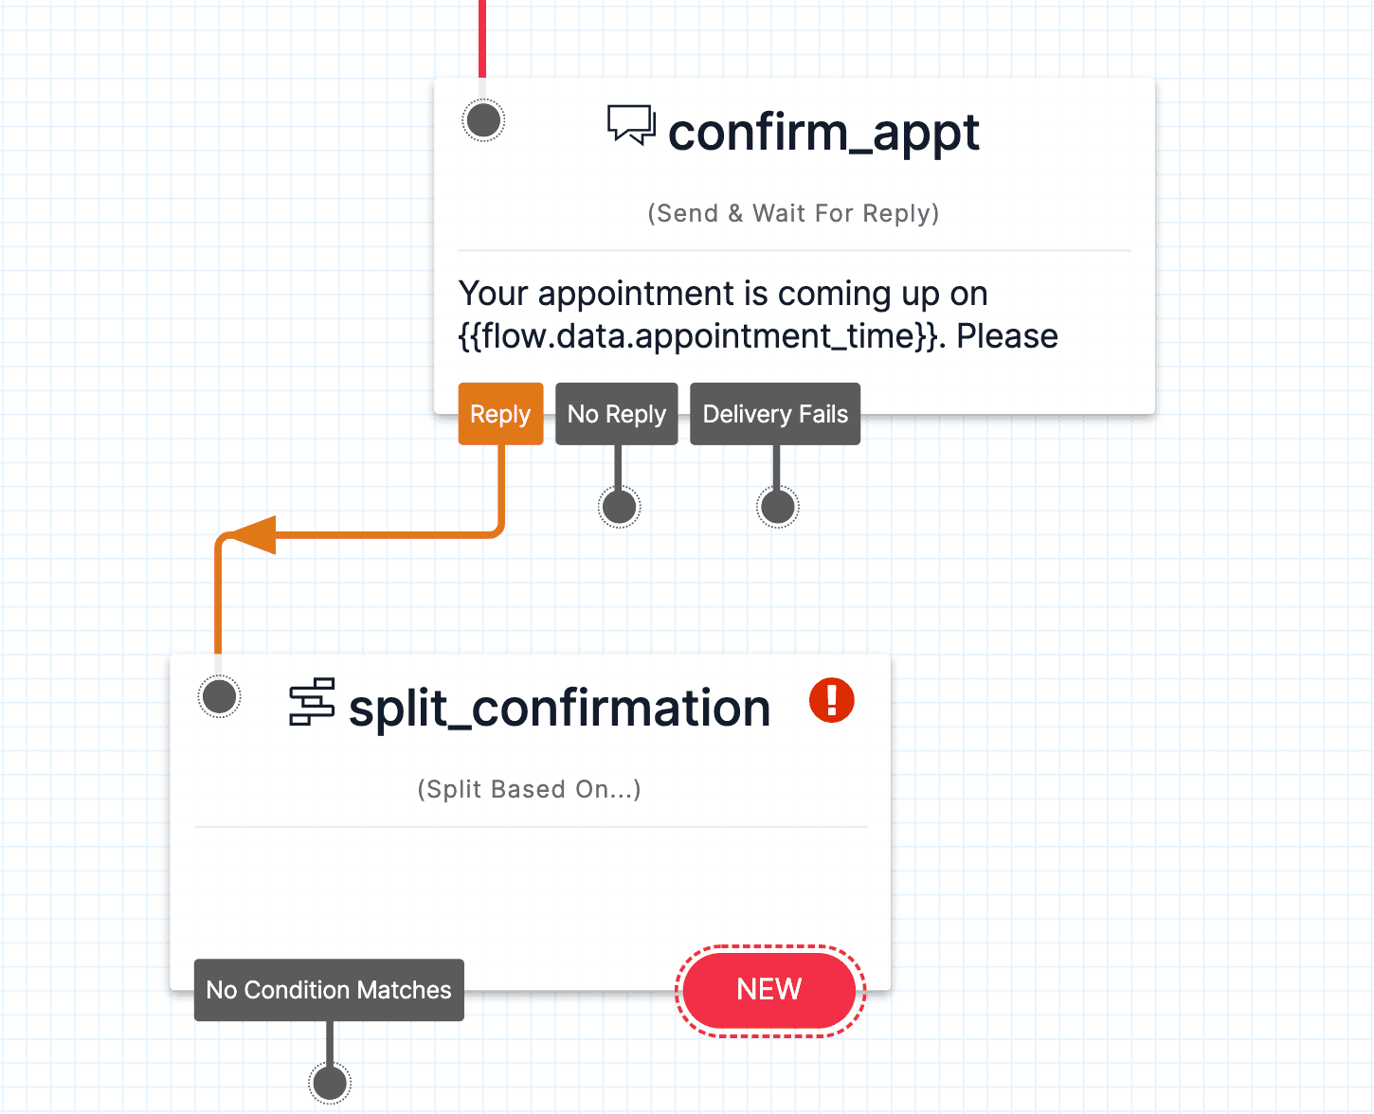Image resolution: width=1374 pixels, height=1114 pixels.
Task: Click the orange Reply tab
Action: pos(500,414)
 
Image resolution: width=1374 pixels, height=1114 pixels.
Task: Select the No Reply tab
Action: pos(617,414)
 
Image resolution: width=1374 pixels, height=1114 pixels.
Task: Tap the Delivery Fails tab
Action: pos(775,414)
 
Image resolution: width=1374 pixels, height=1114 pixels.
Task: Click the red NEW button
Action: pos(769,990)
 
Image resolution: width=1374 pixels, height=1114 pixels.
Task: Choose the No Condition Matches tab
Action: pos(329,990)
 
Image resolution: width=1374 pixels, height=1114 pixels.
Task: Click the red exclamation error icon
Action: pos(832,701)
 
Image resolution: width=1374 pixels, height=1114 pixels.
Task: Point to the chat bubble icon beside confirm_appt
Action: pos(631,125)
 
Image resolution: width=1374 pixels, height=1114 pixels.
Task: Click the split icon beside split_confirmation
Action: pos(312,702)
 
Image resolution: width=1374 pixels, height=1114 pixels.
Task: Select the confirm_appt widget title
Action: pos(823,132)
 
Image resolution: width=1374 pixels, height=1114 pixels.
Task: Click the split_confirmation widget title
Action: pos(559,708)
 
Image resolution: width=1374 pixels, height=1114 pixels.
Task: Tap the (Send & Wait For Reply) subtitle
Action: pos(793,213)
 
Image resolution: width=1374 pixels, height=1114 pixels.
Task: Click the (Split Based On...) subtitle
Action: pos(529,789)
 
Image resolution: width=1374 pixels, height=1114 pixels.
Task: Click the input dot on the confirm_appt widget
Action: pos(484,120)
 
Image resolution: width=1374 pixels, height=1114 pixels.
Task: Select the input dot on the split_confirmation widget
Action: pos(220,697)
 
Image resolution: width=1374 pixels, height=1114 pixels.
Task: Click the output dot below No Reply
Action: pos(620,507)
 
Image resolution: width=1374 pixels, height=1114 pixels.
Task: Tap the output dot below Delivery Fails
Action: pos(778,507)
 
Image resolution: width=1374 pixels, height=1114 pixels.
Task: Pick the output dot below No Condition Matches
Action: pos(330,1083)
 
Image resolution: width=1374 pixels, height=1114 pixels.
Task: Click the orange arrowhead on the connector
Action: pos(254,535)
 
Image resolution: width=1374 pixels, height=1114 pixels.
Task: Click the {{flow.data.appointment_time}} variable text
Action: pos(701,336)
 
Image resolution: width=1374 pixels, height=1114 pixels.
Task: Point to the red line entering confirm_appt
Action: pos(482,38)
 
